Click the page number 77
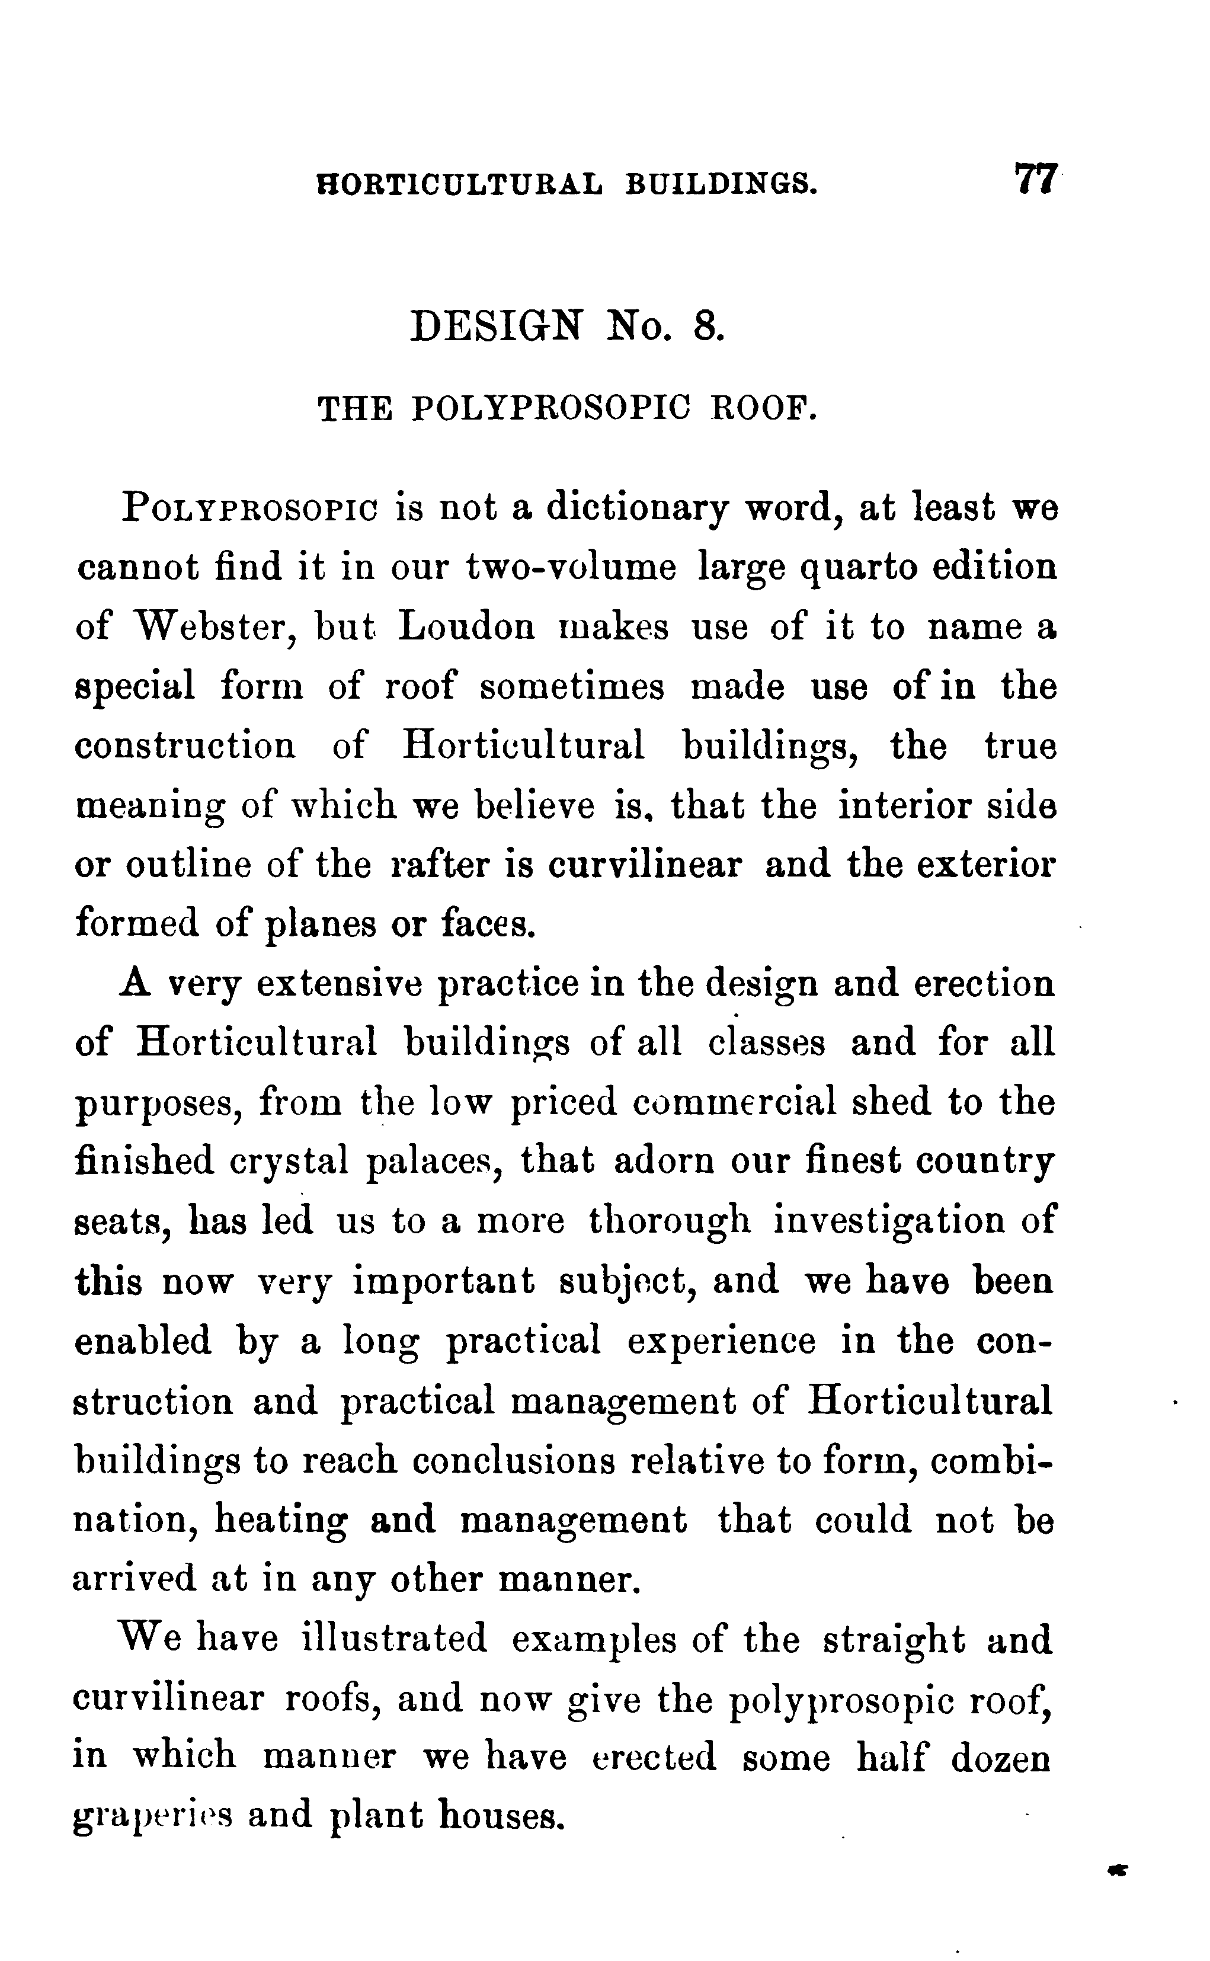1037,178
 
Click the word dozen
1001,1758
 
